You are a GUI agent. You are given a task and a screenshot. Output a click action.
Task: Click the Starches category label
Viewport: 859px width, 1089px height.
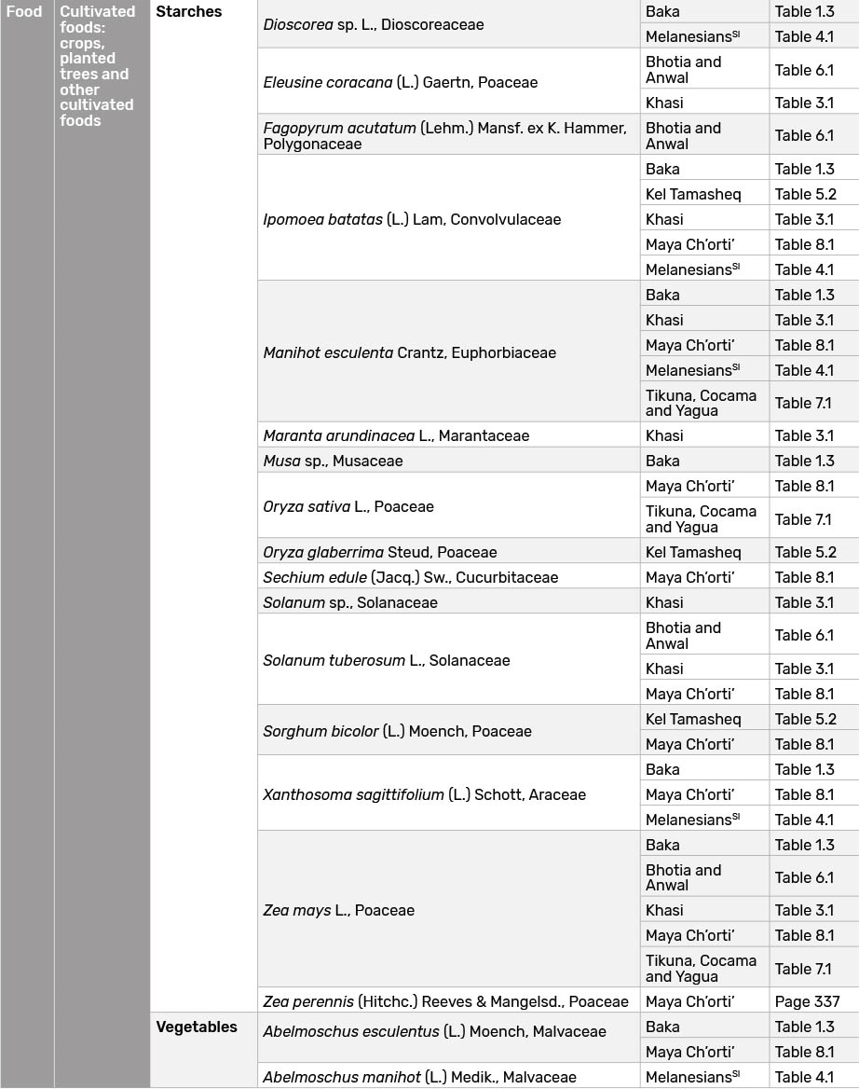tap(189, 12)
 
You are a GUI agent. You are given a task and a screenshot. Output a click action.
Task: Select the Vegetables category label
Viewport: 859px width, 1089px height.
tap(197, 1027)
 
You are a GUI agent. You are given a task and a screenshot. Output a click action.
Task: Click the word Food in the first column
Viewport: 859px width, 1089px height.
tap(24, 12)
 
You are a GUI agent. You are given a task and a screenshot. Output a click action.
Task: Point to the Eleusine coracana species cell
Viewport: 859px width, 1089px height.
tap(401, 82)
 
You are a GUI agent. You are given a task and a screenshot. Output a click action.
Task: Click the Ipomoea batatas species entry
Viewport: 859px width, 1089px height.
tap(412, 220)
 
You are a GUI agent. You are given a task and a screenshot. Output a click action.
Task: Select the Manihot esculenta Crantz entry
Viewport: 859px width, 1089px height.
tap(409, 353)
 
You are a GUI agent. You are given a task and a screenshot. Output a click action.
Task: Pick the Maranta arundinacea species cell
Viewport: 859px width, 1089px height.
tap(396, 435)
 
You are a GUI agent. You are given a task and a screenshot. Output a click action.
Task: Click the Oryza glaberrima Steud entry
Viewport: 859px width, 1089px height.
tap(379, 552)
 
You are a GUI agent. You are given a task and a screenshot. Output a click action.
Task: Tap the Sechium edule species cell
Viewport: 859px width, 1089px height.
tap(410, 577)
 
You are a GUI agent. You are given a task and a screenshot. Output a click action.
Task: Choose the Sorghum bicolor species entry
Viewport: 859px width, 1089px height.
tap(397, 731)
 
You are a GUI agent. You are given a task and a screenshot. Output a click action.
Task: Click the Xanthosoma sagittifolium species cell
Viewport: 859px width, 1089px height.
tap(424, 794)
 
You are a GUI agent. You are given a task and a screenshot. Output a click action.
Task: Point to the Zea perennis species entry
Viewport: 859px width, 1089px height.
tap(445, 1001)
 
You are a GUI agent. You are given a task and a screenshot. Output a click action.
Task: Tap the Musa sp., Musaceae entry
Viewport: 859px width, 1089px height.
tap(333, 461)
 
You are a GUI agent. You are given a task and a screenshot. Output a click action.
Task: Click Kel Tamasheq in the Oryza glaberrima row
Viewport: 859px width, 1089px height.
tap(693, 552)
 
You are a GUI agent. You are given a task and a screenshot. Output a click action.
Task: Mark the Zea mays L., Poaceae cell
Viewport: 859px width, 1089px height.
tap(338, 910)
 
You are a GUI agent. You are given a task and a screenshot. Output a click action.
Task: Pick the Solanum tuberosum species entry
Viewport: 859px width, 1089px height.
tap(387, 660)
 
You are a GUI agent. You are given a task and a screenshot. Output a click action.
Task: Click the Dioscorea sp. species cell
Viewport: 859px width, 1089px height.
tap(373, 25)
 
